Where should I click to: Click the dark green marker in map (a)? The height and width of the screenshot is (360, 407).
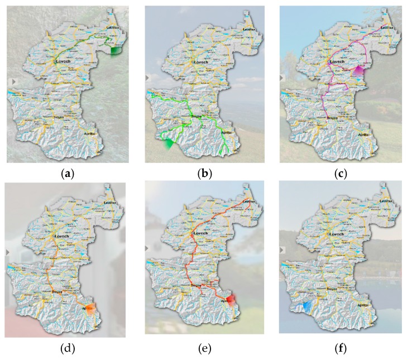coord(116,50)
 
